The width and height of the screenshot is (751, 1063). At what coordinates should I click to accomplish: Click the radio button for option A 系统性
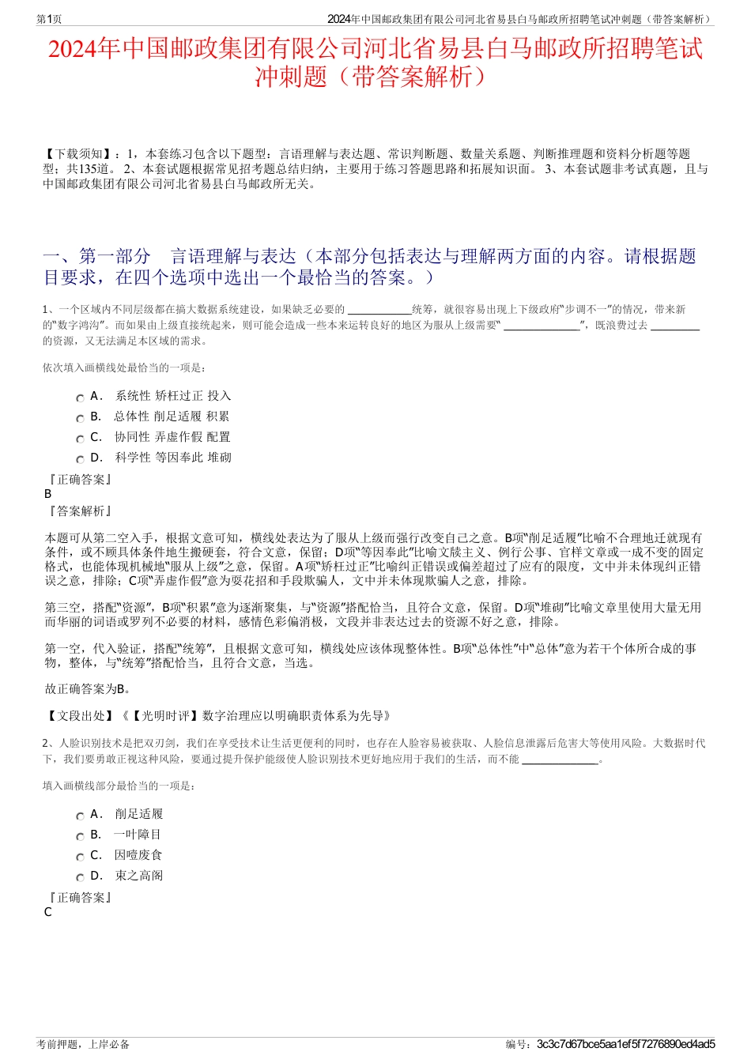pyautogui.click(x=80, y=398)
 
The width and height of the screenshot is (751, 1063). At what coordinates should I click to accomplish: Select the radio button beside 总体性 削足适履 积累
pyautogui.click(x=80, y=419)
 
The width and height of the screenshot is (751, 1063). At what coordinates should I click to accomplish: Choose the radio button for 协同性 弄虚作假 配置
pyautogui.click(x=80, y=439)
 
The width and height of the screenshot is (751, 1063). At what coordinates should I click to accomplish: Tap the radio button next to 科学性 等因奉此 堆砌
pyautogui.click(x=80, y=460)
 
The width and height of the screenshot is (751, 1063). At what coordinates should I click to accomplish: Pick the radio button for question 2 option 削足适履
pyautogui.click(x=80, y=816)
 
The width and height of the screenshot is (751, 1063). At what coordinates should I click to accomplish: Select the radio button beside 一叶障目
pyautogui.click(x=80, y=837)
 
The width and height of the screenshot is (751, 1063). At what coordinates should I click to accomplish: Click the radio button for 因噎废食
pyautogui.click(x=80, y=858)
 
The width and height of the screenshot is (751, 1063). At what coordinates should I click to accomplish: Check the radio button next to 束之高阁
pyautogui.click(x=80, y=878)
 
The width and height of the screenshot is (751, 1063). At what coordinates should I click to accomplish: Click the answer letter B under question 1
pyautogui.click(x=47, y=494)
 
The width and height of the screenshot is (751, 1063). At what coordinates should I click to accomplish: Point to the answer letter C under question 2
pyautogui.click(x=47, y=912)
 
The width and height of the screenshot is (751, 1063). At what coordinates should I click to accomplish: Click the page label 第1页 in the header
pyautogui.click(x=49, y=19)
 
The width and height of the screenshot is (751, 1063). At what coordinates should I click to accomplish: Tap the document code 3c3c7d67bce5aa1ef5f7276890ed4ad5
pyautogui.click(x=625, y=1044)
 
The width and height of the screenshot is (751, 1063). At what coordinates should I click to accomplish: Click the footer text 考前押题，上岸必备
pyautogui.click(x=83, y=1044)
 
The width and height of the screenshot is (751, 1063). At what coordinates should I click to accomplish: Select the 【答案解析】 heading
pyautogui.click(x=79, y=511)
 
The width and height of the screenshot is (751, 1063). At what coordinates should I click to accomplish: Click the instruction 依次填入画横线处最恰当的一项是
pyautogui.click(x=124, y=368)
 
